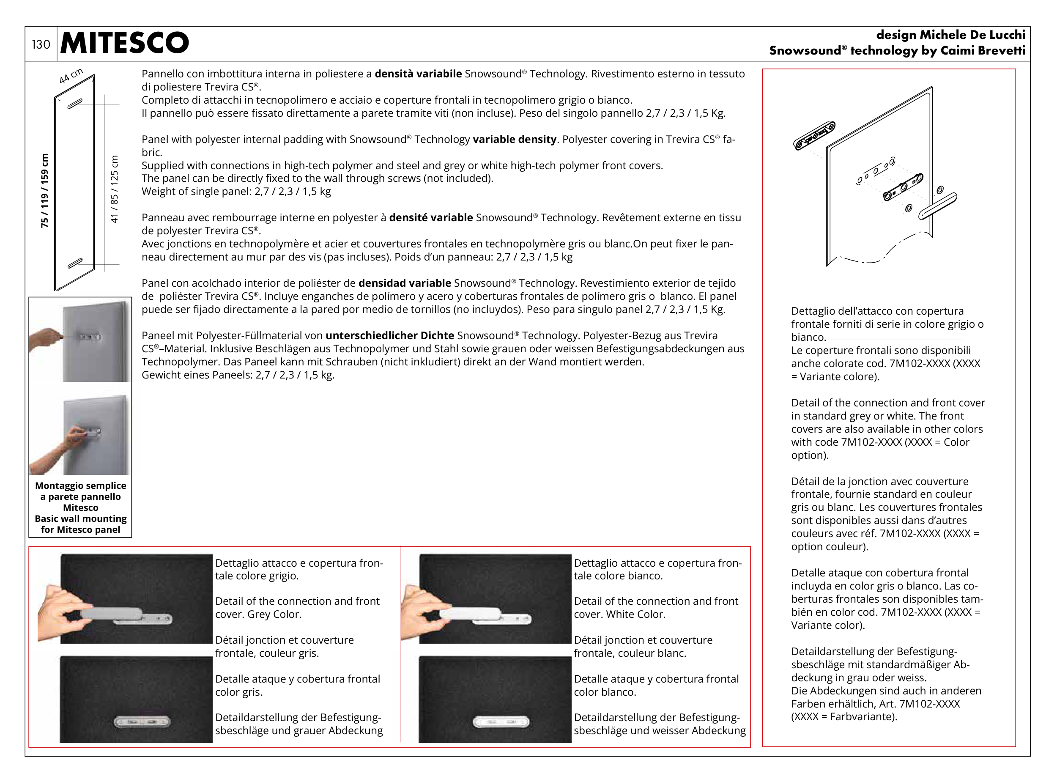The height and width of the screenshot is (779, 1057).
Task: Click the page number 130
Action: point(41,44)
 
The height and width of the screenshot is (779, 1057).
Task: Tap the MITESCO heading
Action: point(124,42)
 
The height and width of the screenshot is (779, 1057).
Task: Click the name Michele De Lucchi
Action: point(972,35)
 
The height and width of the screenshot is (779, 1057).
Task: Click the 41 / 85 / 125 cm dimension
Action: point(114,189)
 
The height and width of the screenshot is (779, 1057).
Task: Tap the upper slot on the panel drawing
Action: point(75,104)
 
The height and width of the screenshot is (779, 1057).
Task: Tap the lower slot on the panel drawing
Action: point(75,263)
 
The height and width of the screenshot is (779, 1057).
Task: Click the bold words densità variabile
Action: point(418,74)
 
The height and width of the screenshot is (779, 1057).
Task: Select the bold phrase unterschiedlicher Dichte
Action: point(389,336)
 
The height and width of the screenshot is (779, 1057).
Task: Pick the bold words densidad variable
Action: point(405,283)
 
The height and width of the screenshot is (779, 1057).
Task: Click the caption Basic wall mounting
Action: point(81,519)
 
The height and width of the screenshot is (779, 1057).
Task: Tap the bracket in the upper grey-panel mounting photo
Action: point(90,337)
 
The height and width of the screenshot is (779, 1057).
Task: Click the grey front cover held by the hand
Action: point(112,614)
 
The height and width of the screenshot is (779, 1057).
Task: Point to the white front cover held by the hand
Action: point(471,614)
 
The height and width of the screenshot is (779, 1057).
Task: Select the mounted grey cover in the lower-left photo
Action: point(142,721)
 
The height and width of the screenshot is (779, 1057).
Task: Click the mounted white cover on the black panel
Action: point(501,721)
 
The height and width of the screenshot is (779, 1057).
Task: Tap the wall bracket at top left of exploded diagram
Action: point(814,136)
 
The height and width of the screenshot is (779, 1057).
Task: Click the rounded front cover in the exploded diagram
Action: point(938,206)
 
